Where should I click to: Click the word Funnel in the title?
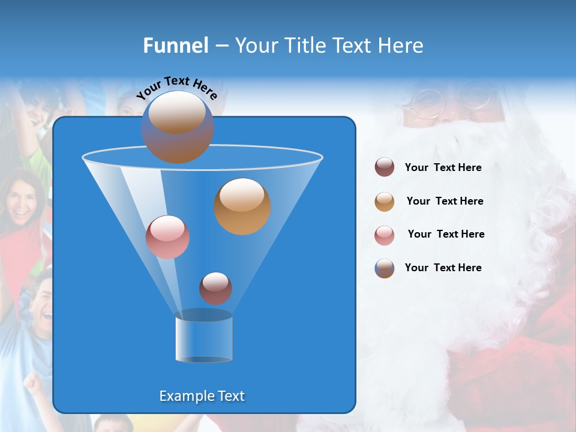[x=176, y=46]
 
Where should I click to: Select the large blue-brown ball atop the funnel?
[x=178, y=127]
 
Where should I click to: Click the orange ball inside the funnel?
[x=242, y=206]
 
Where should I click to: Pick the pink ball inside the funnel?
[x=167, y=237]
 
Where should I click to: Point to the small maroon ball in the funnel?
[x=215, y=288]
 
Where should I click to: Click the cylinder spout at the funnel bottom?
[x=203, y=337]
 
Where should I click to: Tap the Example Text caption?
[x=202, y=396]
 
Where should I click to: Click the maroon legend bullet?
[x=385, y=167]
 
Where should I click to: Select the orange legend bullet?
[x=385, y=202]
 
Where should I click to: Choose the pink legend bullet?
[x=385, y=235]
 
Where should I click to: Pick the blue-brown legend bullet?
[x=385, y=268]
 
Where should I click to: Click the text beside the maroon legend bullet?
[x=443, y=168]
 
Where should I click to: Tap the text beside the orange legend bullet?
[x=445, y=202]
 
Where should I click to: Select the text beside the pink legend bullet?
[x=446, y=235]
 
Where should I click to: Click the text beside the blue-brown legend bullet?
[x=443, y=268]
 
